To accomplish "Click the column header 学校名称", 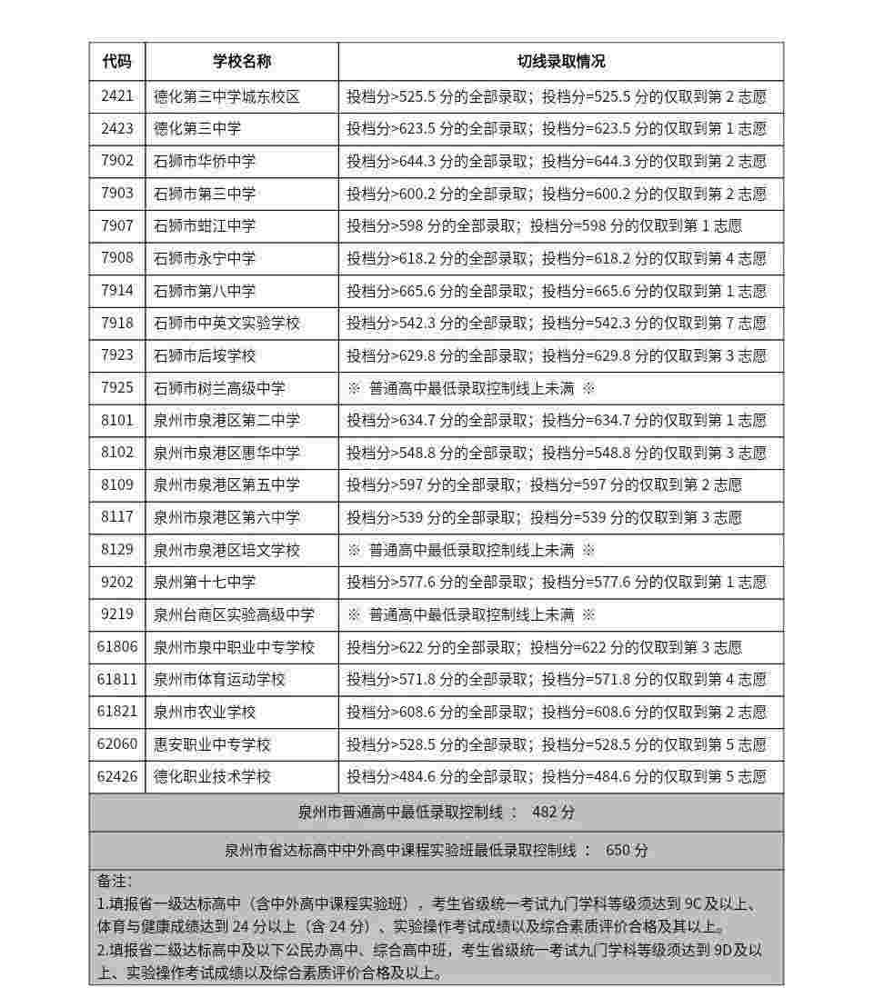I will [242, 62].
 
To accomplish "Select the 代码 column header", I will [116, 62].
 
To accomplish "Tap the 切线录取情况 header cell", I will [560, 62].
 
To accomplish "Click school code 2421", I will [116, 96].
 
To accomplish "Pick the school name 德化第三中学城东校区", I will [226, 96].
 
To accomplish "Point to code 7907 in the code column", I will [116, 225].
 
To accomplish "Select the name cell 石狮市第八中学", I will [205, 291].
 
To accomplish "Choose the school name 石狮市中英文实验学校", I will [226, 324].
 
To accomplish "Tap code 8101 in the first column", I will [116, 420].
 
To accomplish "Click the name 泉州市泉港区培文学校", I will [226, 550].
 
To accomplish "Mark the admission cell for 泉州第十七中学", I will [556, 583].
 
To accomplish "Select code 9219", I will [116, 614].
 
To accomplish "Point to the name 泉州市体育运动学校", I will [219, 679].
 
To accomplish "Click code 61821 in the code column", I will [116, 712].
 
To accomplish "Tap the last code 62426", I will [116, 776].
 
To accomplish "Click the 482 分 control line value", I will [553, 812].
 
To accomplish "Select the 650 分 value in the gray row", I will [627, 851].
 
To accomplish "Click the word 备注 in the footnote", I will [115, 881].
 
